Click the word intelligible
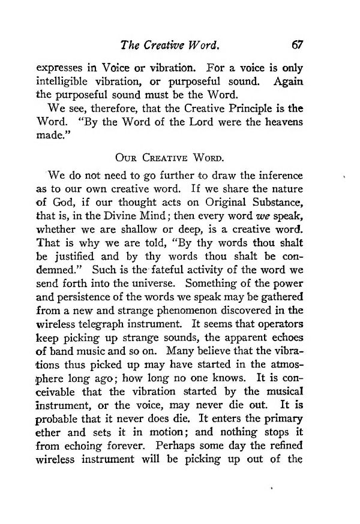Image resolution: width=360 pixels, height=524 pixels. [65, 81]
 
